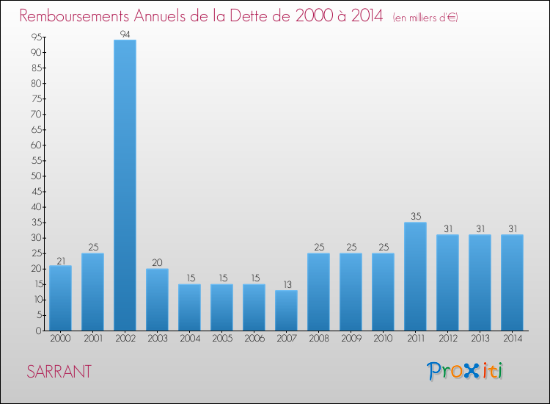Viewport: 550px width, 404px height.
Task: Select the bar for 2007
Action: (286, 310)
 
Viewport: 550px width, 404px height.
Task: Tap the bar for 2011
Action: (415, 276)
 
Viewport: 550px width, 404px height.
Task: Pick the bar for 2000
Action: (60, 297)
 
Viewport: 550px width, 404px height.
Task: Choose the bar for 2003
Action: (157, 300)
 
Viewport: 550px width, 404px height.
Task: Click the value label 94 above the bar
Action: (125, 34)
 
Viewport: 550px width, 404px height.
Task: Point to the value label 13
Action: (286, 284)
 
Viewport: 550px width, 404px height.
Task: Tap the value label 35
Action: (415, 217)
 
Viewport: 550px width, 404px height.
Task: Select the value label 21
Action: (60, 259)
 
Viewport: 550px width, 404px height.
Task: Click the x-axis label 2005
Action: (221, 339)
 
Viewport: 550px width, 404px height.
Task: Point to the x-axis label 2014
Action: (512, 339)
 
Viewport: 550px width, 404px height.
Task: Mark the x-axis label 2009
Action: (351, 339)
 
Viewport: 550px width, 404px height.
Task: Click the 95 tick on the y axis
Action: (34, 37)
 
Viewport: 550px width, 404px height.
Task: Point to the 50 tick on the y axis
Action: (34, 176)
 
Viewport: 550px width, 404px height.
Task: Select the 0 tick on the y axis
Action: (37, 331)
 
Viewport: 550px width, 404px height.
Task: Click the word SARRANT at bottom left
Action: (59, 372)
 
